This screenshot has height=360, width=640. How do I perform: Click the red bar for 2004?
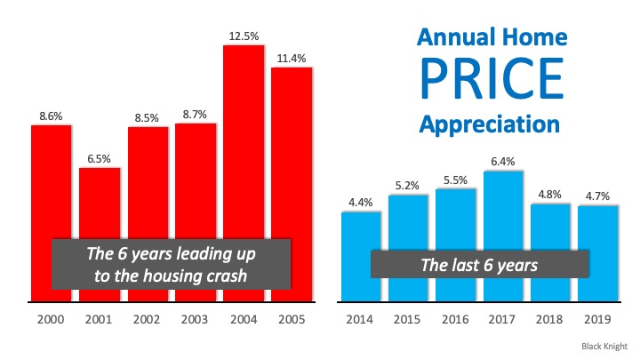[244, 142]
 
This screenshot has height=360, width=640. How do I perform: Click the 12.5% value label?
[244, 35]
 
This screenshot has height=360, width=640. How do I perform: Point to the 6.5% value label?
[100, 157]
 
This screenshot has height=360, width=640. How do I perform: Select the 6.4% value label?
[503, 161]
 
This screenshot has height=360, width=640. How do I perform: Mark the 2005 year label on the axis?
[292, 318]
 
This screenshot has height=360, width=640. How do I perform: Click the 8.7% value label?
[196, 115]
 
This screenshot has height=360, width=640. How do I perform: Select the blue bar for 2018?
[551, 253]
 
